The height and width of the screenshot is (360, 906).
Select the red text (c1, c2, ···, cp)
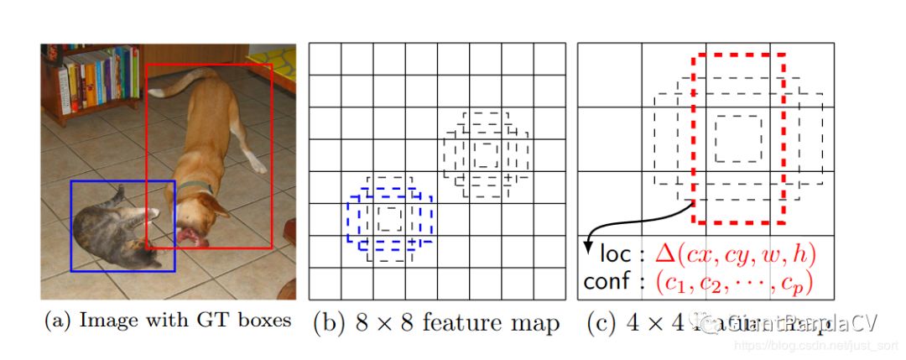point(733,282)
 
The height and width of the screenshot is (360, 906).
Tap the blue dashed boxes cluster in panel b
point(389,220)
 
